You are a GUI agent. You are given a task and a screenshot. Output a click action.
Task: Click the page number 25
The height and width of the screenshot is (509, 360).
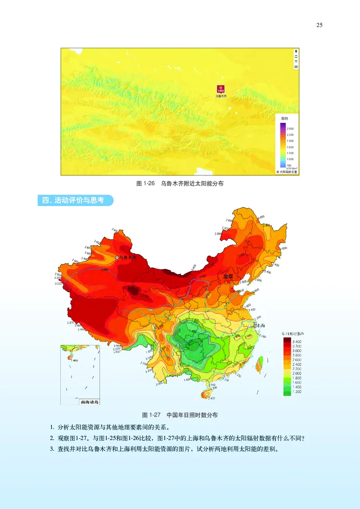point(319,25)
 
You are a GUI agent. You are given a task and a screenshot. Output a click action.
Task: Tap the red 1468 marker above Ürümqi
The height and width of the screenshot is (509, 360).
point(220,89)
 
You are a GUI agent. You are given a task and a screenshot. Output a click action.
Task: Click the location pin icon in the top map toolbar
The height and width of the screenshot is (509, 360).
point(296,52)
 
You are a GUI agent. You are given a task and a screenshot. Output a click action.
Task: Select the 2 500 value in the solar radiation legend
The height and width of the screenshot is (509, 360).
point(290,129)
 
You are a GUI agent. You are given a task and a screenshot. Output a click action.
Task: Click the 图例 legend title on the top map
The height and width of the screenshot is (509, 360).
point(284,118)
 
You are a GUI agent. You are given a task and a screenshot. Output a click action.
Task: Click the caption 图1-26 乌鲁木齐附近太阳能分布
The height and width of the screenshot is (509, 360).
point(180,183)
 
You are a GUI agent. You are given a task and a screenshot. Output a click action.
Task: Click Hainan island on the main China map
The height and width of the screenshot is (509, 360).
point(207,394)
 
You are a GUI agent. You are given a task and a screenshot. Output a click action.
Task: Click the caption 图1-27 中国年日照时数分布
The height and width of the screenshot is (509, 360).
point(180,415)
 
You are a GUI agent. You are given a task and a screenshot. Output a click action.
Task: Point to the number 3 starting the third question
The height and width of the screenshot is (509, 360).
point(52,448)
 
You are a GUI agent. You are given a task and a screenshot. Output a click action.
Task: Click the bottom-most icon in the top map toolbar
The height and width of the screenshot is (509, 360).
point(296,67)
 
